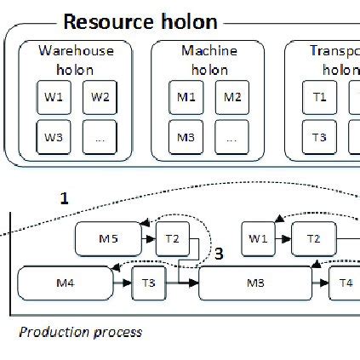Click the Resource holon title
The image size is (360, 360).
click(140, 21)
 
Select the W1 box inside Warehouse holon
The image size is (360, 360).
click(54, 97)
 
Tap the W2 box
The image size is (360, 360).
click(100, 97)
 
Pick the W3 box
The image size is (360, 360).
click(54, 136)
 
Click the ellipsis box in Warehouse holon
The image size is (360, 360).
click(100, 136)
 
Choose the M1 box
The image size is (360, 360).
click(187, 97)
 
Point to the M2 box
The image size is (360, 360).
click(232, 97)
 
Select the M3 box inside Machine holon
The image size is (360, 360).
click(187, 136)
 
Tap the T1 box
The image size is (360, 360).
click(319, 97)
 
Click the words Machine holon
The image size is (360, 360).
click(209, 60)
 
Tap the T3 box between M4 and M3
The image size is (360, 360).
click(148, 282)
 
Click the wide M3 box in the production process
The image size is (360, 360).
click(254, 282)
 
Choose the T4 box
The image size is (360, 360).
click(344, 282)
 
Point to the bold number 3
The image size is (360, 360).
click(219, 254)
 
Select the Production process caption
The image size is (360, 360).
click(80, 332)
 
